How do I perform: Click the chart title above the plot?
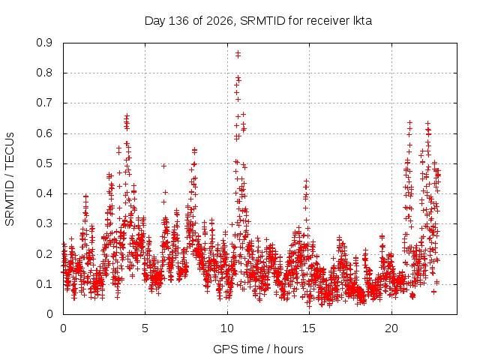[x=258, y=21]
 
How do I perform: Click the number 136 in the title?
[x=178, y=21]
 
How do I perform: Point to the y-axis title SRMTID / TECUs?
[x=10, y=179]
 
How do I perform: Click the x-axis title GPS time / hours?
[x=258, y=349]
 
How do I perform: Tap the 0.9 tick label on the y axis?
[x=44, y=43]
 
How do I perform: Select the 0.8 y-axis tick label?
[x=44, y=73]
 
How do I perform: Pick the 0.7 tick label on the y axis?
[x=44, y=103]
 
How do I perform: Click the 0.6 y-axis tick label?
[x=44, y=133]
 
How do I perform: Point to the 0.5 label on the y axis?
[x=44, y=163]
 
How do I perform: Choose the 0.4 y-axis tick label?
[x=44, y=193]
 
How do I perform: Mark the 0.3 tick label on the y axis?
[x=44, y=223]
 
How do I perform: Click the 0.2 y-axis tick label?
[x=44, y=253]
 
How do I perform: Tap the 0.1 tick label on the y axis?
[x=44, y=284]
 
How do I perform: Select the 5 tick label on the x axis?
[x=145, y=328]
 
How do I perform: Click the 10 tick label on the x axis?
[x=227, y=328]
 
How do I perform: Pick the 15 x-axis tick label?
[x=309, y=328]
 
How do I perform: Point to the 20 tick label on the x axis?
[x=391, y=328]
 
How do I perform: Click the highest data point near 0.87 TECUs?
[x=238, y=53]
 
